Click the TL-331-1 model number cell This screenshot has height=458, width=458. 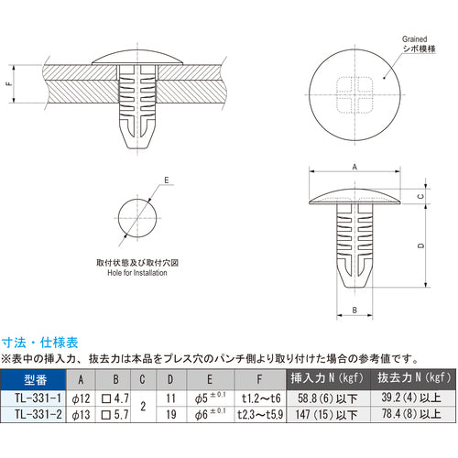34,397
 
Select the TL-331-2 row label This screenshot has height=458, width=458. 34,414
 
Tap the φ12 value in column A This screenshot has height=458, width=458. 80,397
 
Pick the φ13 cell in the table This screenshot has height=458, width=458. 80,414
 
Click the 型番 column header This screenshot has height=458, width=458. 34,378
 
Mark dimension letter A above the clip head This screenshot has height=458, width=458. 354,166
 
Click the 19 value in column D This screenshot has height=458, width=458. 171,414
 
